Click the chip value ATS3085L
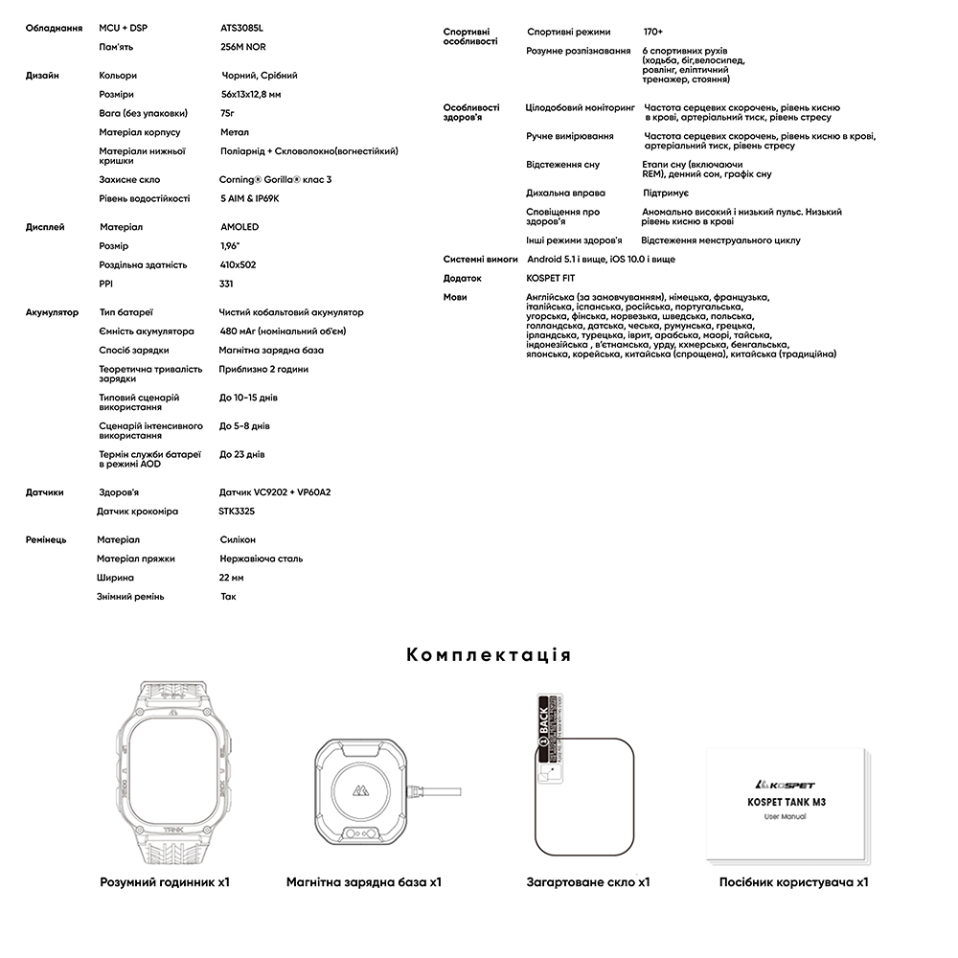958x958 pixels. (x=241, y=28)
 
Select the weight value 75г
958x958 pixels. (x=227, y=113)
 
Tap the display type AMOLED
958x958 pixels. (x=239, y=227)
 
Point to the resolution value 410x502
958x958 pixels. (x=238, y=264)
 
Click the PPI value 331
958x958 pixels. (x=226, y=284)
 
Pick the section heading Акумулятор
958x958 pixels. (x=52, y=312)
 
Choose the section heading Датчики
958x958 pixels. (x=44, y=492)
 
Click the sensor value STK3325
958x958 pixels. (x=237, y=512)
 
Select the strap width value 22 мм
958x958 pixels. (x=232, y=578)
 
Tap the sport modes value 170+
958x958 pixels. (x=653, y=32)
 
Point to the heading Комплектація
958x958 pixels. (x=489, y=655)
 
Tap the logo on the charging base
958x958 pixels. (x=362, y=792)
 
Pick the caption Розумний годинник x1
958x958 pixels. (x=165, y=881)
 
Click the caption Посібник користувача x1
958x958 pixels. (x=793, y=881)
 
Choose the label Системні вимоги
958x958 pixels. (x=480, y=260)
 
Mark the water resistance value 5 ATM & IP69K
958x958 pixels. (x=249, y=198)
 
